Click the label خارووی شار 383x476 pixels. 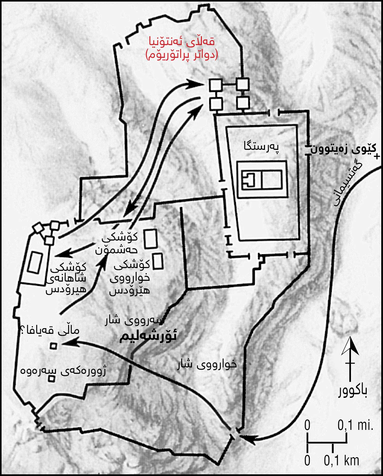click(x=207, y=365)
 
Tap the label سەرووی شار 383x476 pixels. click(x=135, y=320)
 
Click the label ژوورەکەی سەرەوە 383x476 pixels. click(x=63, y=371)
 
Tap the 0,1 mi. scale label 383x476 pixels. click(x=355, y=425)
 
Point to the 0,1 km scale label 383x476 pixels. click(x=342, y=461)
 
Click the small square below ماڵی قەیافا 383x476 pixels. click(x=53, y=346)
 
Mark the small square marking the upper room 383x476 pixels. click(x=52, y=379)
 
